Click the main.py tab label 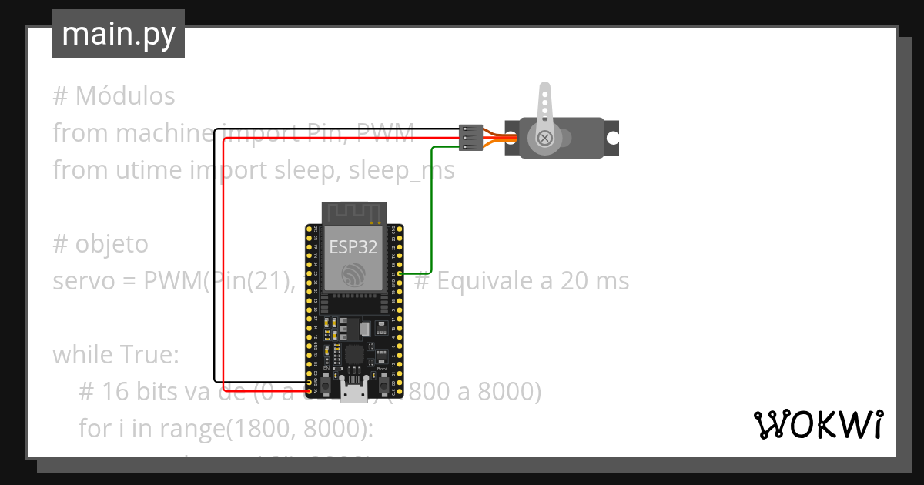[118, 34]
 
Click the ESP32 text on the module [353, 246]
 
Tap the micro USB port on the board [354, 393]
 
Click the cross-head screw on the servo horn [544, 138]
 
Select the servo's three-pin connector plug [470, 137]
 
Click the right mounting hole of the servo [612, 138]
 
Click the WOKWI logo [819, 424]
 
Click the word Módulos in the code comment [125, 97]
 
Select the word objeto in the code [111, 244]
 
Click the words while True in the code [115, 356]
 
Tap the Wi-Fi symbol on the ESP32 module [353, 273]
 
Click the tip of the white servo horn [544, 91]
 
